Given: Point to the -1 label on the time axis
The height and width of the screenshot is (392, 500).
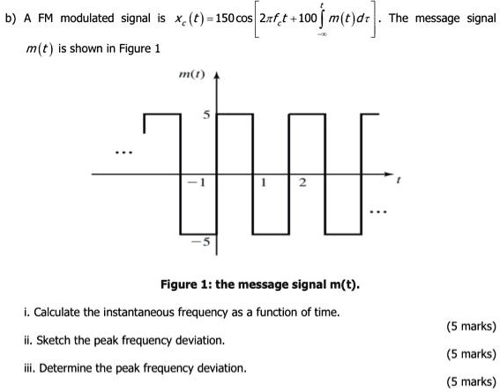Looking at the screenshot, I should coord(200,183).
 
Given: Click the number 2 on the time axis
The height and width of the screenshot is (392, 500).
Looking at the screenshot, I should coord(302,183).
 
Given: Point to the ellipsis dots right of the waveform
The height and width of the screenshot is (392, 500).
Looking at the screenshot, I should coord(377,212).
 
